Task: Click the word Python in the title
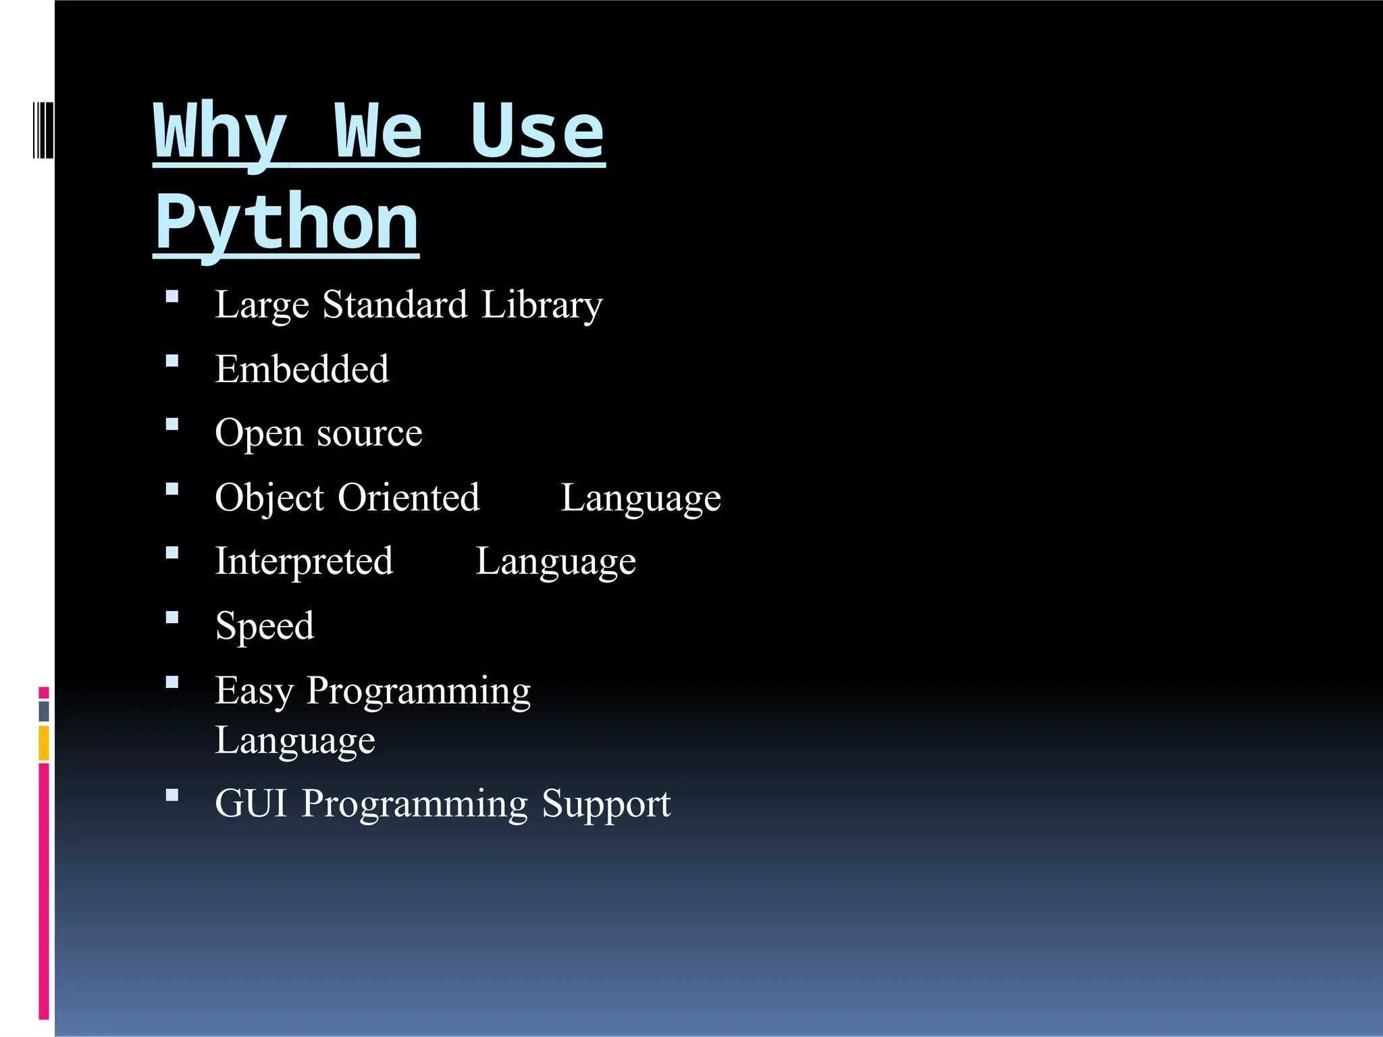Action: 286,223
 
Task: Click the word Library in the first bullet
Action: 541,305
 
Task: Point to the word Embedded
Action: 302,369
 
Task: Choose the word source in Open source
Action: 369,433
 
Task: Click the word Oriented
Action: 409,498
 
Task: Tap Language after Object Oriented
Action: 640,499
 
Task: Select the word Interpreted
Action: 304,562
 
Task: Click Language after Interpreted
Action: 555,562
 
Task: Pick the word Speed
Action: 265,627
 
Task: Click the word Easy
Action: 254,691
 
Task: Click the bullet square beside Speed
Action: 172,617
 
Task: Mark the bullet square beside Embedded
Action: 172,361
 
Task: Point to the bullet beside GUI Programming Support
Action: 172,795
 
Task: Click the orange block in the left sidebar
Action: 44,743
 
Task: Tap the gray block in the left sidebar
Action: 44,711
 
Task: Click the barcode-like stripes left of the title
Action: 43,130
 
